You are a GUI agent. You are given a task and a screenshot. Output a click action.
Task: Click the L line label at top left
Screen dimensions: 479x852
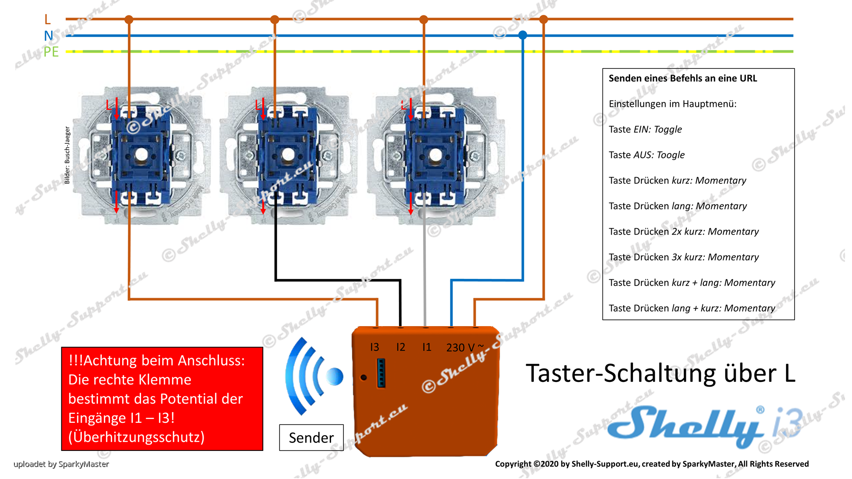click(47, 19)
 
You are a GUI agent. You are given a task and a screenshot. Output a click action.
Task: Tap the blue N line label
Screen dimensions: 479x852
click(49, 36)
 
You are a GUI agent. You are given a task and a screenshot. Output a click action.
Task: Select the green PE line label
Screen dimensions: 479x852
click(51, 52)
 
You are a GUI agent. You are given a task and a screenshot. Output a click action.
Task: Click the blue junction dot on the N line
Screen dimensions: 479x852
click(523, 35)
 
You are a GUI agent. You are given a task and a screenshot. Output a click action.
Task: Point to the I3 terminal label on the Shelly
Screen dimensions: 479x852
click(374, 347)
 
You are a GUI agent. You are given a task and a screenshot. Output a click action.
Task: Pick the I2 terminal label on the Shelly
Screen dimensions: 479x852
click(400, 347)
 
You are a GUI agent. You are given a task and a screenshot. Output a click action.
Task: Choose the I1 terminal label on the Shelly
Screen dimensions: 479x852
click(426, 347)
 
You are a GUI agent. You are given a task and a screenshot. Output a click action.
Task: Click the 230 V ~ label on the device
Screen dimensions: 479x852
click(465, 347)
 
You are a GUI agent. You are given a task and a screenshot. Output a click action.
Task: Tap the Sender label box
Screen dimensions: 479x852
click(311, 437)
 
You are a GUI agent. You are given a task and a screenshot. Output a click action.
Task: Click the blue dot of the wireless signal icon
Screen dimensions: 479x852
click(335, 376)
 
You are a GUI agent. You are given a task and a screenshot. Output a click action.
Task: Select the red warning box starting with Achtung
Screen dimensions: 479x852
click(162, 399)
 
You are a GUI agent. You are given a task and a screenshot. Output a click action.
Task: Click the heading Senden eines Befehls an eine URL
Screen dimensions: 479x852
click(682, 78)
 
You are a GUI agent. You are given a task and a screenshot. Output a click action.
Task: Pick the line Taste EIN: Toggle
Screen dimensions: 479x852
click(645, 129)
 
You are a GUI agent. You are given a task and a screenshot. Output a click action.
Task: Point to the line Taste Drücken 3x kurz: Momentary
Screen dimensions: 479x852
click(683, 257)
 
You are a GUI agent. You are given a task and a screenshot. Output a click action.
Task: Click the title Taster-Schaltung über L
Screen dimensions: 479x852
click(660, 373)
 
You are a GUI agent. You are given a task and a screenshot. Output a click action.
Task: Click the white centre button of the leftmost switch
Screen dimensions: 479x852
click(141, 155)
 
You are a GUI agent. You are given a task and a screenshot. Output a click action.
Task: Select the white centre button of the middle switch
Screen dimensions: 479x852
click(288, 155)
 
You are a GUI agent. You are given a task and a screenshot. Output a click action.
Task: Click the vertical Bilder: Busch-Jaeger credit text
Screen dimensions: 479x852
click(67, 155)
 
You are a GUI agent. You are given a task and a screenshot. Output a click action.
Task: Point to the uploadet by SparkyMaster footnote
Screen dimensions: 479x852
click(61, 464)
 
